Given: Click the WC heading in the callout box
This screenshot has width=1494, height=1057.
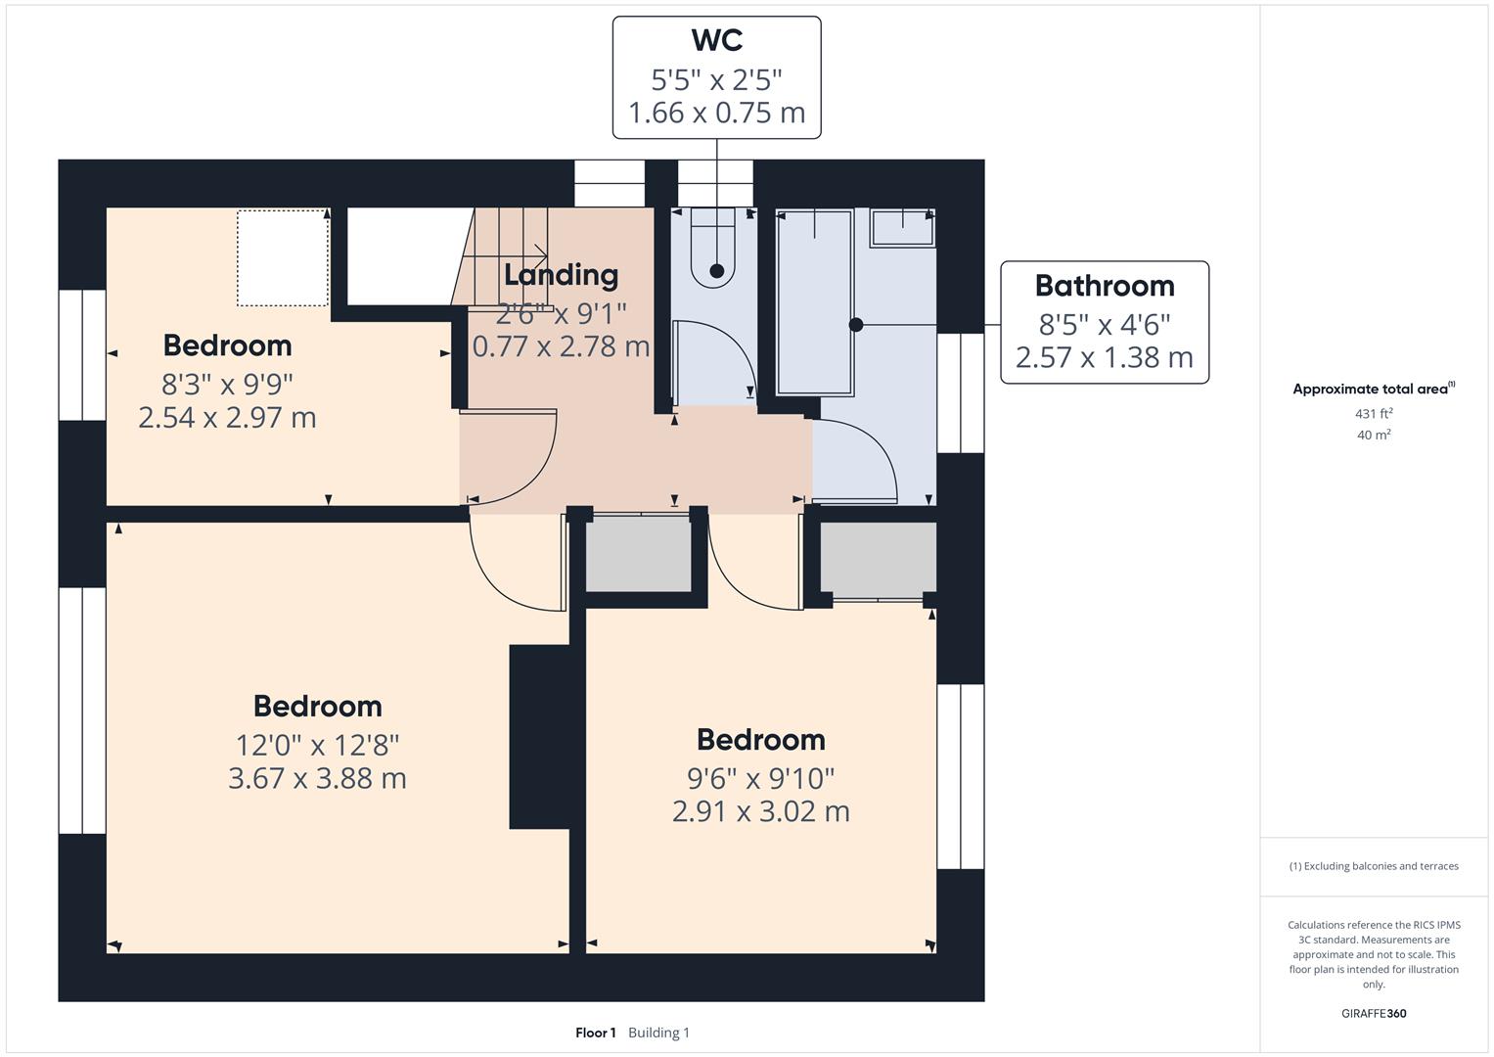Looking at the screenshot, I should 716,40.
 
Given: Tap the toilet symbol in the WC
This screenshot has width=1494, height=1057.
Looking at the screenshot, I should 712,250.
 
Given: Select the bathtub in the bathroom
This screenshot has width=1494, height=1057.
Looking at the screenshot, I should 814,302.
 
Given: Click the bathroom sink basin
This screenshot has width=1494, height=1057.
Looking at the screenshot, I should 902,227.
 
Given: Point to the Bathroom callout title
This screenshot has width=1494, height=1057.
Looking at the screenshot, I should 1104,286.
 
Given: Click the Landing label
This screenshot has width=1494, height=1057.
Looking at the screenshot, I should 561,275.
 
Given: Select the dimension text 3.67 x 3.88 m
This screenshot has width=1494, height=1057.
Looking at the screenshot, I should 317,779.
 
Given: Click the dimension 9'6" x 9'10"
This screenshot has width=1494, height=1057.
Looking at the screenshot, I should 760,779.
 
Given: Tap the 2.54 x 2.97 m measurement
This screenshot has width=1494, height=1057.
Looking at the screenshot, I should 227,418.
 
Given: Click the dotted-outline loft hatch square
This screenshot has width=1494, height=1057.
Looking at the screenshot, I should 283,257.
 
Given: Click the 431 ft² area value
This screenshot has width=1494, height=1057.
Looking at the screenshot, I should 1374,414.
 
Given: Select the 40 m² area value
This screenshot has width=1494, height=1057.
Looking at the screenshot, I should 1374,436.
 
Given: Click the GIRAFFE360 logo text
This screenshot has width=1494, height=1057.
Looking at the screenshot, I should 1374,1014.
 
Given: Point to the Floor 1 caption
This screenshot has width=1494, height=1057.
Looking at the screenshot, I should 595,1033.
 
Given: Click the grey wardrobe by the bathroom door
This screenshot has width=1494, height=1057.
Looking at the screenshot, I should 878,558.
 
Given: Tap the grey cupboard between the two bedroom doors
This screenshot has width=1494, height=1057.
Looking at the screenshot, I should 638,554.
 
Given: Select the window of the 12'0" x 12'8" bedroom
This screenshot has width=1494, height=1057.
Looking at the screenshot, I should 82,710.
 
